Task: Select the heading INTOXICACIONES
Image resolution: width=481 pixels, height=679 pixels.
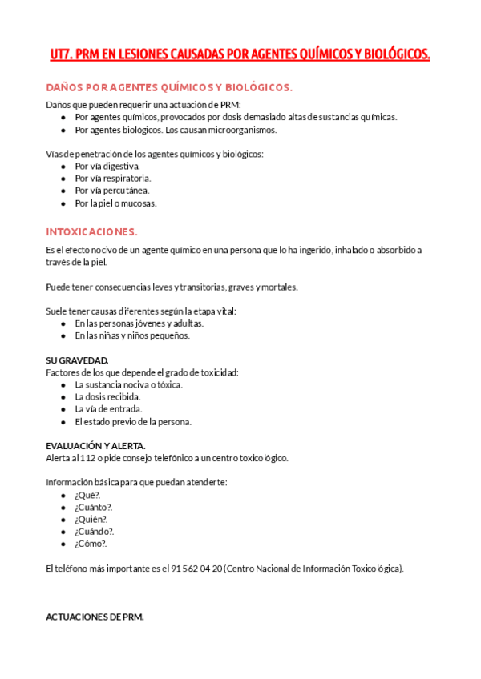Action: tap(91, 231)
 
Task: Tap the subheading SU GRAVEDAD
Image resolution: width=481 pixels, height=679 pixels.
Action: tap(77, 360)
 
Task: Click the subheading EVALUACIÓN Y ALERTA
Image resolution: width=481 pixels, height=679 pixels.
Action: tap(95, 445)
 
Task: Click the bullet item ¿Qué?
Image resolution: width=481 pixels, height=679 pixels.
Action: tap(87, 495)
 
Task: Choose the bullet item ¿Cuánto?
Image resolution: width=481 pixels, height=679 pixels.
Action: tap(93, 507)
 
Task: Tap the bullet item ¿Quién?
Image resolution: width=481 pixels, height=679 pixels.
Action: tap(91, 519)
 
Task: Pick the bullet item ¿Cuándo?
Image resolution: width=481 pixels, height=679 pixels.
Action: tap(94, 531)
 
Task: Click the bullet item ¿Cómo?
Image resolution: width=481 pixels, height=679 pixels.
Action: tap(91, 544)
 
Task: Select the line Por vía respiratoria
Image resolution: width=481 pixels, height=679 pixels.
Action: tap(112, 178)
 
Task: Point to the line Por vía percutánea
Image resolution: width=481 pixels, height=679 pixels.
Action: tap(111, 191)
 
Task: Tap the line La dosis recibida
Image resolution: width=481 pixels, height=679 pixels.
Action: tap(107, 396)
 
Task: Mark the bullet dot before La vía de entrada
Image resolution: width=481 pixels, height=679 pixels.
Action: tap(63, 409)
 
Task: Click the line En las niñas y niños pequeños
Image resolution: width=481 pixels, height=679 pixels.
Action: tap(131, 335)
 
